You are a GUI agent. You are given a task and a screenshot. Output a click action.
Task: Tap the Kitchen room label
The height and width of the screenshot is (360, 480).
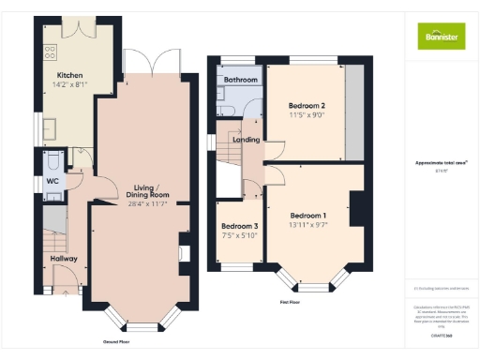(70, 76)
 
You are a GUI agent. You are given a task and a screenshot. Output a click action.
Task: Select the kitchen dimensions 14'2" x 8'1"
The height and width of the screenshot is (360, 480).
(70, 85)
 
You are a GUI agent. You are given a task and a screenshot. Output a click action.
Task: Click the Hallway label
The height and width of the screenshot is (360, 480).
(64, 258)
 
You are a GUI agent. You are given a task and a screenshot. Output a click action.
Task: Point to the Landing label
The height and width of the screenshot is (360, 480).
(246, 141)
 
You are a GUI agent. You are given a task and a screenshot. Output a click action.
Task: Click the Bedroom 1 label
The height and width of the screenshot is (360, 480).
(307, 215)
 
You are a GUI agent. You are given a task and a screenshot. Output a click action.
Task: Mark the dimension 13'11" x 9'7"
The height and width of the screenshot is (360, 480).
(307, 225)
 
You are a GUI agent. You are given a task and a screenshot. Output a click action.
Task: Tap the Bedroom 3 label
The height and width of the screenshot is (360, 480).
(239, 227)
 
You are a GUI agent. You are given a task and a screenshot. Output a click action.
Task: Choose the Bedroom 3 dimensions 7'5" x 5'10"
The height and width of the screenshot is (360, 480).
(239, 236)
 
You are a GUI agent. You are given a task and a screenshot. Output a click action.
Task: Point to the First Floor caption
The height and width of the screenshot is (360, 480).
(290, 303)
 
